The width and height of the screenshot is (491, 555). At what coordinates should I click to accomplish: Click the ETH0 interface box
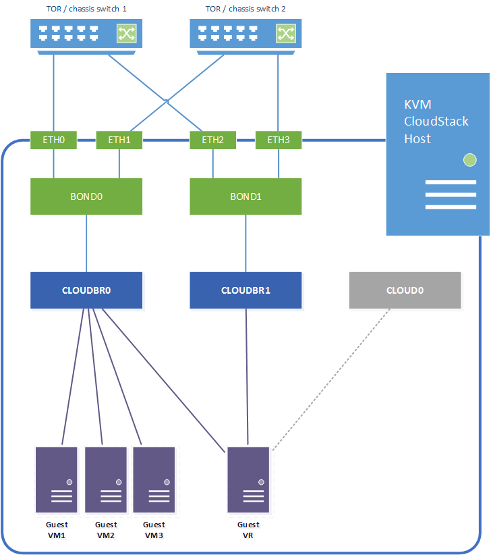coord(53,140)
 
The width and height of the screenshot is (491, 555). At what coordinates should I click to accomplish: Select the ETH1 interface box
coord(119,140)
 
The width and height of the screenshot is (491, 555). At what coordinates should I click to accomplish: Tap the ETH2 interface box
coord(212,140)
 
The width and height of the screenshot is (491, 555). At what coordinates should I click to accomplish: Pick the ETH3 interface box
coord(278,140)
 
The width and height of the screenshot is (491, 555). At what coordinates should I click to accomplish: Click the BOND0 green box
coord(86,196)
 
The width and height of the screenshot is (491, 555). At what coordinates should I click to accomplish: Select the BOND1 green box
coord(246,196)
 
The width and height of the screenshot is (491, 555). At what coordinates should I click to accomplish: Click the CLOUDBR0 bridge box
coord(86,290)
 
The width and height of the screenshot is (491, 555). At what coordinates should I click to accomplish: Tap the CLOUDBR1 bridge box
coord(246,290)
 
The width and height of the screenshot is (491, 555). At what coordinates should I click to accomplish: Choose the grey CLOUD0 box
coord(405,290)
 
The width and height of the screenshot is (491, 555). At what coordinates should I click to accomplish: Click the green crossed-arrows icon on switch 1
coord(126,33)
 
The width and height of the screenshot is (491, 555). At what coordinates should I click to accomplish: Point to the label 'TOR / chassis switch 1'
coord(87,9)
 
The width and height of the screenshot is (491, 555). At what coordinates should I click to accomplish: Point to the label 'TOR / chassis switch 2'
coord(246,9)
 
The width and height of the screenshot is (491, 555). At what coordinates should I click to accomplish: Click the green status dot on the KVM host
coord(469,160)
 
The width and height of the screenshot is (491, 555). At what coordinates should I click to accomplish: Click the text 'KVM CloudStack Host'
coord(427,122)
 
